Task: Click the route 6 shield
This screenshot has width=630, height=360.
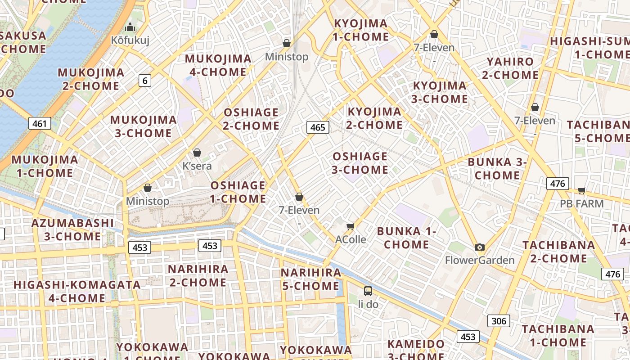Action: click(x=144, y=81)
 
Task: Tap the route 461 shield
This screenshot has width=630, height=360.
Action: click(x=40, y=123)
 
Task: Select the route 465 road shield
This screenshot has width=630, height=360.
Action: click(x=318, y=127)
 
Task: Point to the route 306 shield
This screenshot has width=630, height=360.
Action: click(x=499, y=321)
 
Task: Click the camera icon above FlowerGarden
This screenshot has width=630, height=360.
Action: click(x=480, y=247)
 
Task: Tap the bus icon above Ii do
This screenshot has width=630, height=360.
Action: click(x=368, y=291)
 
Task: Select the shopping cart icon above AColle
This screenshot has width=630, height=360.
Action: click(x=351, y=226)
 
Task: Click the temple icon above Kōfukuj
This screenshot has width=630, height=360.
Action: click(x=130, y=27)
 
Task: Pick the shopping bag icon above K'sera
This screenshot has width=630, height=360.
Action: click(x=197, y=153)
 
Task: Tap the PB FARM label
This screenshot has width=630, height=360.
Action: click(x=581, y=204)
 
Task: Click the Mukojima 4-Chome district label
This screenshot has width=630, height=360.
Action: click(x=218, y=65)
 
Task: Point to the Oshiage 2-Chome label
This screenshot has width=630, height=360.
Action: click(x=251, y=119)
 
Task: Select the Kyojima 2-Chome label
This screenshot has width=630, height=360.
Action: click(x=374, y=118)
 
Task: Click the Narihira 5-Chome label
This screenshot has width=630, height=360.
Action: click(x=310, y=279)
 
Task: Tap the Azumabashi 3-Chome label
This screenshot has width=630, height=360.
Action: click(x=73, y=229)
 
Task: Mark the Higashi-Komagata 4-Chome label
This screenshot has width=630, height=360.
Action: click(x=77, y=291)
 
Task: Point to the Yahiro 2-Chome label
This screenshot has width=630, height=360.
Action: click(x=510, y=68)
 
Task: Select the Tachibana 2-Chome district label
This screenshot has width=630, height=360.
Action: click(x=559, y=252)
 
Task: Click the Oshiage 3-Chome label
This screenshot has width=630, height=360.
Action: click(x=360, y=163)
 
